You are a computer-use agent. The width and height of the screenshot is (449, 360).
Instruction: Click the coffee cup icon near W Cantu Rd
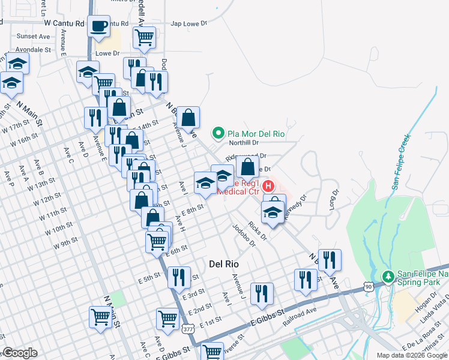tap(99, 27)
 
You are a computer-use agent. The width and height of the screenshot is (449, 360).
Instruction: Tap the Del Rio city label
tap(224, 263)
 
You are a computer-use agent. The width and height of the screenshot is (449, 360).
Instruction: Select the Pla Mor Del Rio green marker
tap(218, 133)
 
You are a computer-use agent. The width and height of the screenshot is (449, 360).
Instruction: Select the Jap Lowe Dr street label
tap(188, 24)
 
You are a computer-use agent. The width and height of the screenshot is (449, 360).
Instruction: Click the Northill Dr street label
tap(244, 143)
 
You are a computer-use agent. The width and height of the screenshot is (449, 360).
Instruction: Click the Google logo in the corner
tap(20, 353)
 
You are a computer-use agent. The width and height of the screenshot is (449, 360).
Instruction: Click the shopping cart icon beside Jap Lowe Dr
tap(144, 37)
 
